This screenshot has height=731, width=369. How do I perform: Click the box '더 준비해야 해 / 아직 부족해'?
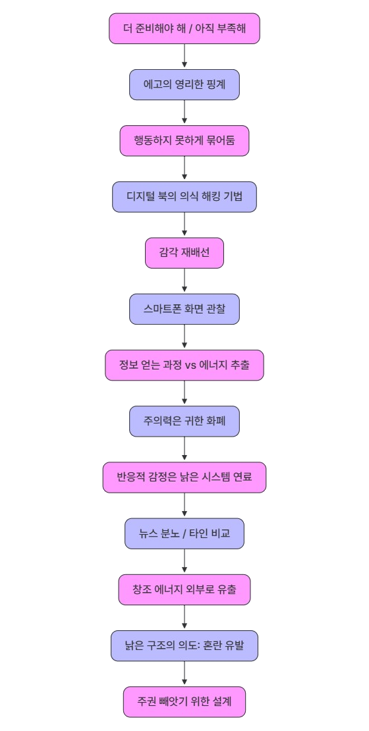pyautogui.click(x=184, y=28)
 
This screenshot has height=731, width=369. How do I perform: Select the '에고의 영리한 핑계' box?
pyautogui.click(x=184, y=84)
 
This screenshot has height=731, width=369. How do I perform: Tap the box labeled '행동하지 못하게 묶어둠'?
pyautogui.click(x=184, y=141)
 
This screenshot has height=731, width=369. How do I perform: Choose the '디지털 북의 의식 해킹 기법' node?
pyautogui.click(x=184, y=197)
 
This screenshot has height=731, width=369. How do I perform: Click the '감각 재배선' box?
pyautogui.click(x=184, y=253)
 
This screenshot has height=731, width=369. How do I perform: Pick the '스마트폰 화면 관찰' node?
pyautogui.click(x=184, y=309)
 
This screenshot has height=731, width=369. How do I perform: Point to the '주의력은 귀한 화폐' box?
pyautogui.click(x=184, y=421)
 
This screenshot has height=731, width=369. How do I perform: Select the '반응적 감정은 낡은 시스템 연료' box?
pyautogui.click(x=184, y=477)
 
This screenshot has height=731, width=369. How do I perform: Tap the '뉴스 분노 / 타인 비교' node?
pyautogui.click(x=184, y=533)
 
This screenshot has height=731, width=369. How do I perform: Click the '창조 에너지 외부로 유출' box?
pyautogui.click(x=184, y=590)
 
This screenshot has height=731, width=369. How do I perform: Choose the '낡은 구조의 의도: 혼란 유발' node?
pyautogui.click(x=184, y=645)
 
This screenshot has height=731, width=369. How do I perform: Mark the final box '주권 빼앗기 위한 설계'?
pyautogui.click(x=184, y=701)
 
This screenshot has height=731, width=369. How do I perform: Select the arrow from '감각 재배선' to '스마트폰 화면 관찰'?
pyautogui.click(x=184, y=281)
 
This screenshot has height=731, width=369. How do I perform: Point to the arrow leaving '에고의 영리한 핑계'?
pyautogui.click(x=184, y=113)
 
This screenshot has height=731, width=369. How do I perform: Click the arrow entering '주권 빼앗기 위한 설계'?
pyautogui.click(x=184, y=674)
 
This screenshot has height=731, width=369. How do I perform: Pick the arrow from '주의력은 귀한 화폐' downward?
pyautogui.click(x=184, y=449)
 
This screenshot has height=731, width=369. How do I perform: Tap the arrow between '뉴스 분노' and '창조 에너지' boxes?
pyautogui.click(x=184, y=562)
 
